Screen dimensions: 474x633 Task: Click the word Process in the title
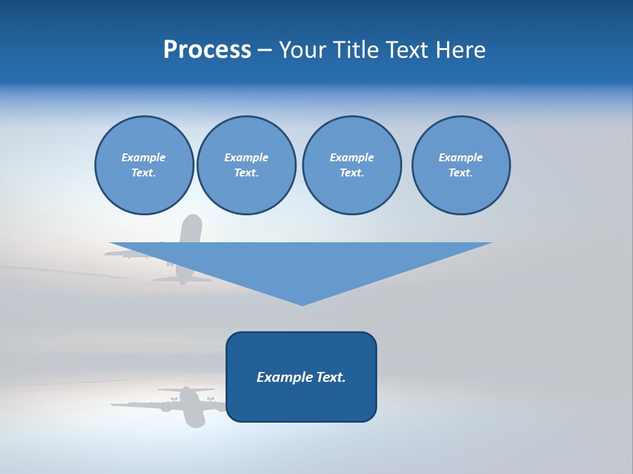tap(207, 50)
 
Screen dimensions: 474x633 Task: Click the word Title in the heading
tap(356, 50)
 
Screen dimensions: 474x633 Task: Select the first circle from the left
tap(144, 165)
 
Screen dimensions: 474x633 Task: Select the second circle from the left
tap(246, 165)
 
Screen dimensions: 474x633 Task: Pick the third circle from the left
tap(351, 165)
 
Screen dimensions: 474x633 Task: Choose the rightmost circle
tap(461, 165)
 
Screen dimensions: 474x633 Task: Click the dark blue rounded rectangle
tap(301, 402)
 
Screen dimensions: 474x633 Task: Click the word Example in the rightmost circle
tap(460, 157)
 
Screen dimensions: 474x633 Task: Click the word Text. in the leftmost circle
tap(143, 173)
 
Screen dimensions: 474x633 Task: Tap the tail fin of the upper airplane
tap(191, 227)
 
